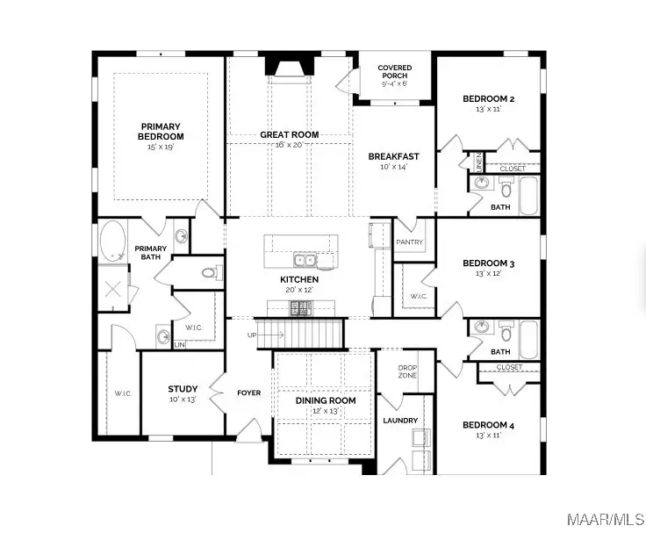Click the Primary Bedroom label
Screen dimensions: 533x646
pos(161,132)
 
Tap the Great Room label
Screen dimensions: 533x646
pos(289,135)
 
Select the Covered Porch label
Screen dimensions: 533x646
pos(395,72)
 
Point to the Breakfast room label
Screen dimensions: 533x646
pos(393,156)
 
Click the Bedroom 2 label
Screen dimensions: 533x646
pos(488,98)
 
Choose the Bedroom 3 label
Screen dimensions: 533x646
pos(488,263)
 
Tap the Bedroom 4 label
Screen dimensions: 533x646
pos(488,425)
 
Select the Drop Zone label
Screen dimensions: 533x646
pos(407,371)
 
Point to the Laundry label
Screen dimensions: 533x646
pos(400,421)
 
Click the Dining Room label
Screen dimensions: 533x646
pos(325,400)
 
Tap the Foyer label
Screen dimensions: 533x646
pos(248,393)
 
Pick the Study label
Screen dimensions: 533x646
pos(183,389)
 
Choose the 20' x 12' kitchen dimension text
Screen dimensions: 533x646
pos(299,289)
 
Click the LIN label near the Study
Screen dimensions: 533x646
pos(180,345)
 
